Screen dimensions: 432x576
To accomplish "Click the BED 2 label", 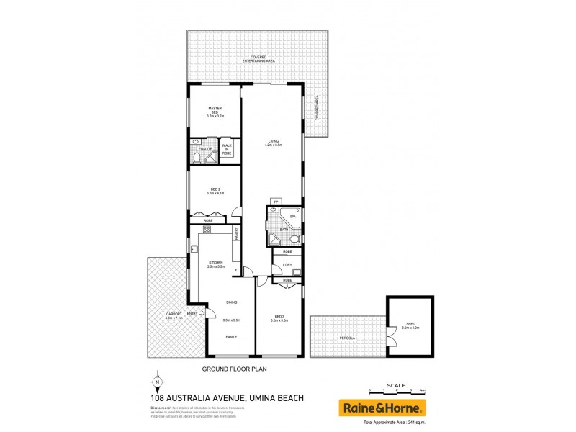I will (x=215, y=191).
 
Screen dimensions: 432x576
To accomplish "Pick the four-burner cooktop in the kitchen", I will (x=206, y=230).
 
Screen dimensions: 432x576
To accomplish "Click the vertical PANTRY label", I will (x=236, y=234).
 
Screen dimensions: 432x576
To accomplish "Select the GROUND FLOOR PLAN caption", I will (x=234, y=367).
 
